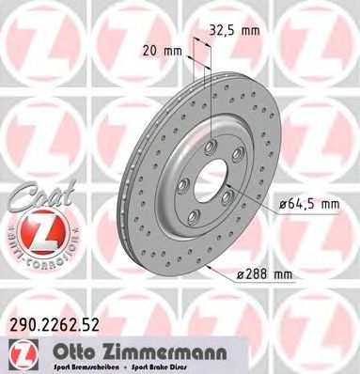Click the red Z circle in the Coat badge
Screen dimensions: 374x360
[37, 228]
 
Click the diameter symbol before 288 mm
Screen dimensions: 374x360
[240, 273]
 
